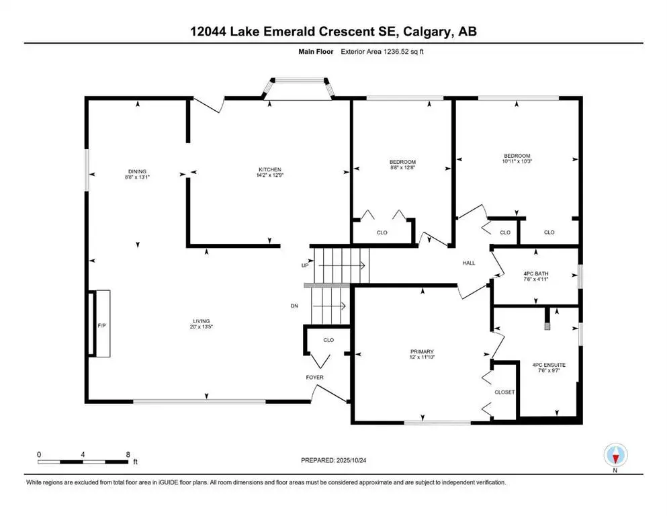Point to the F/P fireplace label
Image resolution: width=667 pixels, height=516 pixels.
(102, 325)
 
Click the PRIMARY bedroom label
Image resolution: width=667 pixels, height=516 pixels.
(423, 351)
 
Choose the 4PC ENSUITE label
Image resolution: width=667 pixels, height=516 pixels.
(549, 365)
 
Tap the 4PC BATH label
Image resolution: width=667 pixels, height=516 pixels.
(535, 273)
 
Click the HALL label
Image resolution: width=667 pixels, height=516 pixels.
(469, 263)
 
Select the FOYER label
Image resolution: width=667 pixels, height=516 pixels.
(315, 377)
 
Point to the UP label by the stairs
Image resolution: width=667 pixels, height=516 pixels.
(305, 266)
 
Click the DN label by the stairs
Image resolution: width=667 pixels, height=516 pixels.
(294, 306)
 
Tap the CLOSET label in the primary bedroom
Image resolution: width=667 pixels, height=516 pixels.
(504, 392)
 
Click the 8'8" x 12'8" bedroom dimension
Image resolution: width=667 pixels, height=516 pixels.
(403, 167)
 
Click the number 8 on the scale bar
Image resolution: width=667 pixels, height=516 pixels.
(128, 454)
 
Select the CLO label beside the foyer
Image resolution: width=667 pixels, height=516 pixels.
(328, 340)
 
